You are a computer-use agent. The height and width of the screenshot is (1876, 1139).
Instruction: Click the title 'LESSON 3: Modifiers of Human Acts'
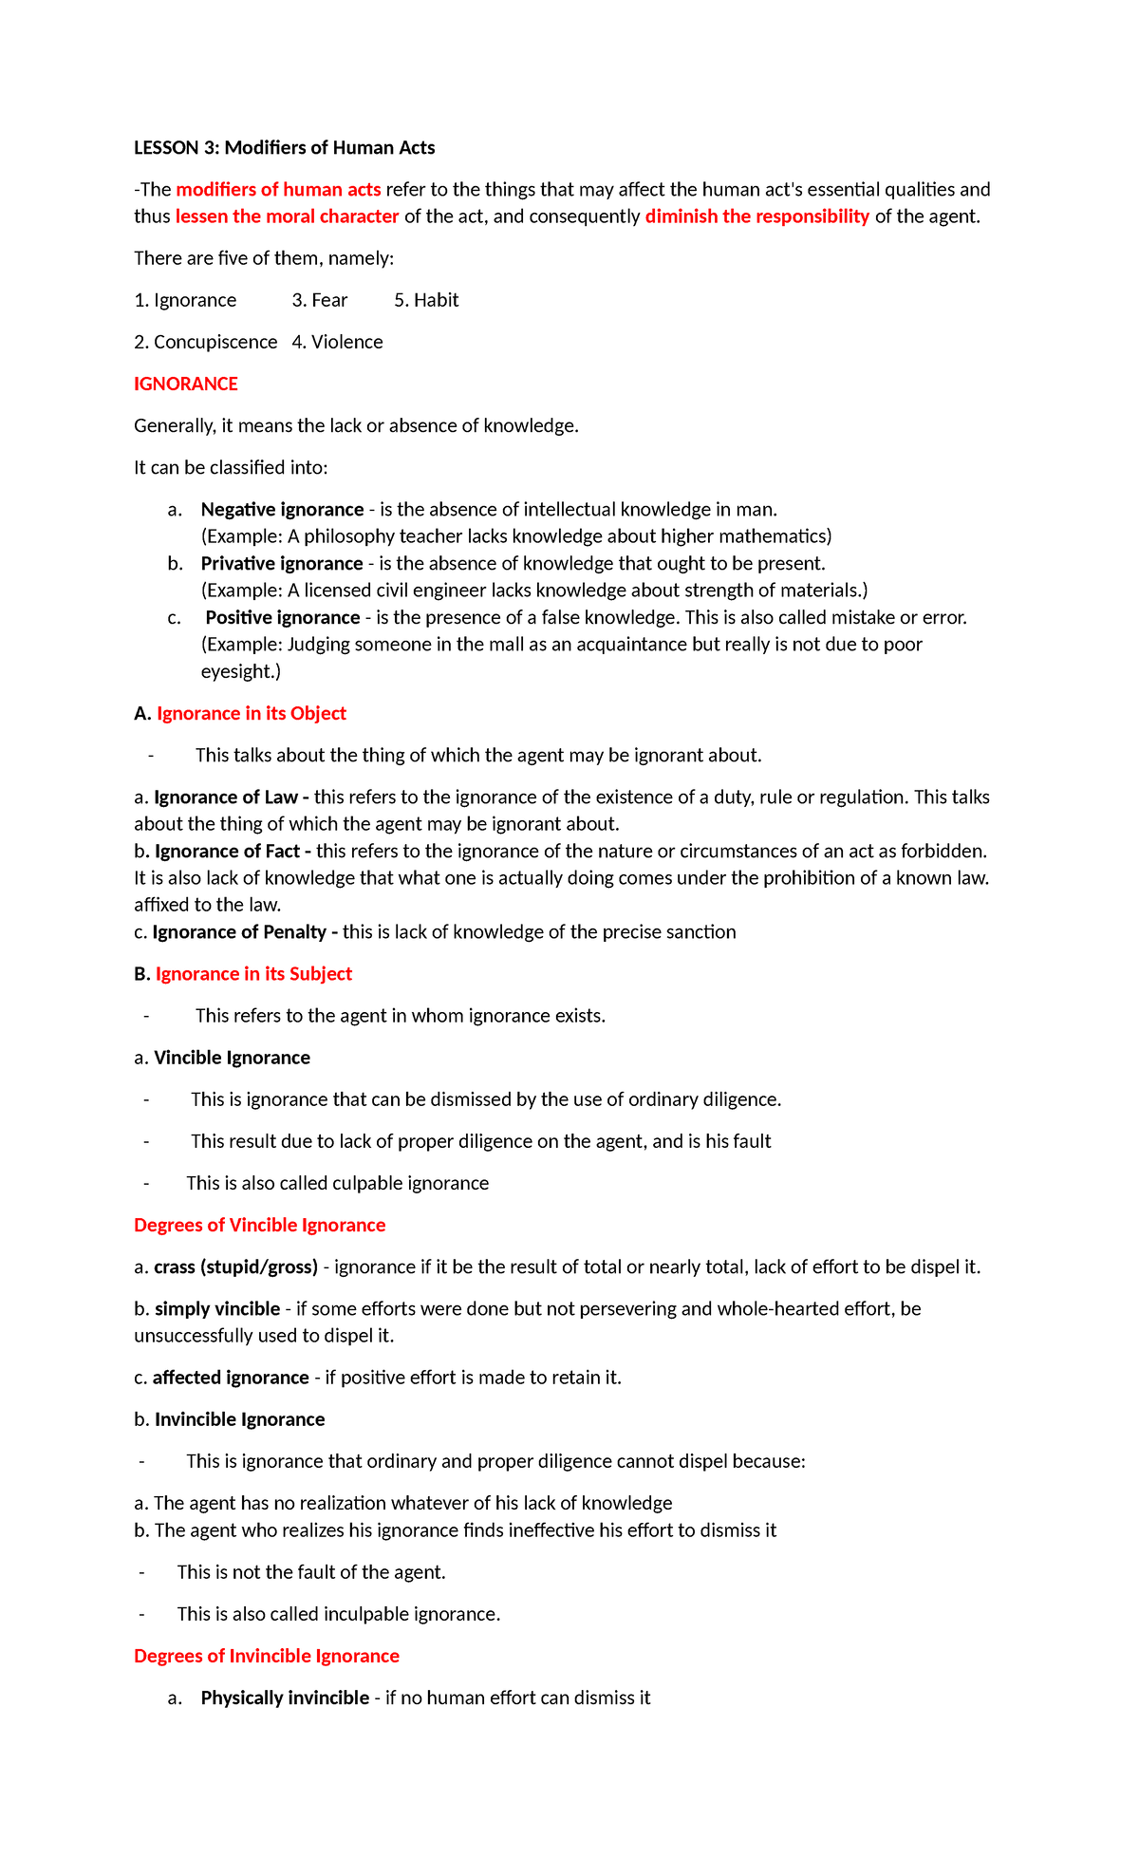[284, 147]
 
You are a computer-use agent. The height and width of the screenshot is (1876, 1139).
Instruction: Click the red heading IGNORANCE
[185, 384]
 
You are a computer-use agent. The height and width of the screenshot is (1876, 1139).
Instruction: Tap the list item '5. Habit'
[426, 300]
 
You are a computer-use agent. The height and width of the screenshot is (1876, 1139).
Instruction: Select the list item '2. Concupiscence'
[206, 342]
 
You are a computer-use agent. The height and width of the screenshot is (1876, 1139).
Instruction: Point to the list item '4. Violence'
[337, 342]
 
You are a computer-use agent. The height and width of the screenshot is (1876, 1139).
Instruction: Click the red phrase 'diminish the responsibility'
[756, 216]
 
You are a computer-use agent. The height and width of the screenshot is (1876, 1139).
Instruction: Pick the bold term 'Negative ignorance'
[282, 510]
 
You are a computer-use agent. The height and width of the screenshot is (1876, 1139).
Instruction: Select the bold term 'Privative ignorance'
[282, 564]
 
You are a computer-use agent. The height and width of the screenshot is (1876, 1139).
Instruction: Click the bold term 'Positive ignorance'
[283, 618]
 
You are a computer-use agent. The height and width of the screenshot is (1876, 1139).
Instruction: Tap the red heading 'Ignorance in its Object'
[251, 714]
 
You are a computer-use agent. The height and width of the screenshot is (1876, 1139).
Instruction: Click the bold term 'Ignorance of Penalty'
[239, 932]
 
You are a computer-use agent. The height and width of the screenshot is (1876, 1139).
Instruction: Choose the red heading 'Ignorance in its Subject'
[253, 974]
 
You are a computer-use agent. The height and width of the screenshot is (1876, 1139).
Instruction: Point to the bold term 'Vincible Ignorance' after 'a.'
[232, 1058]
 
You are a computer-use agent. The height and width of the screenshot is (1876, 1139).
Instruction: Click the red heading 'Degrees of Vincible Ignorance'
[259, 1226]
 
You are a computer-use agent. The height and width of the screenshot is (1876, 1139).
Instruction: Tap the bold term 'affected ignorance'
[231, 1378]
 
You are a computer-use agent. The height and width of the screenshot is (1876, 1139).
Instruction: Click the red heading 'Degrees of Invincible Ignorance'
[266, 1657]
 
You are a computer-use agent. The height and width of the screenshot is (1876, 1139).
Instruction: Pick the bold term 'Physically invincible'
[285, 1698]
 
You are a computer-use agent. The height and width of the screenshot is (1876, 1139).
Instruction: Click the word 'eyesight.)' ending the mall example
[241, 672]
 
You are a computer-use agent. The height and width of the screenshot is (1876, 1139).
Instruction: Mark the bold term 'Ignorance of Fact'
[227, 852]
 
